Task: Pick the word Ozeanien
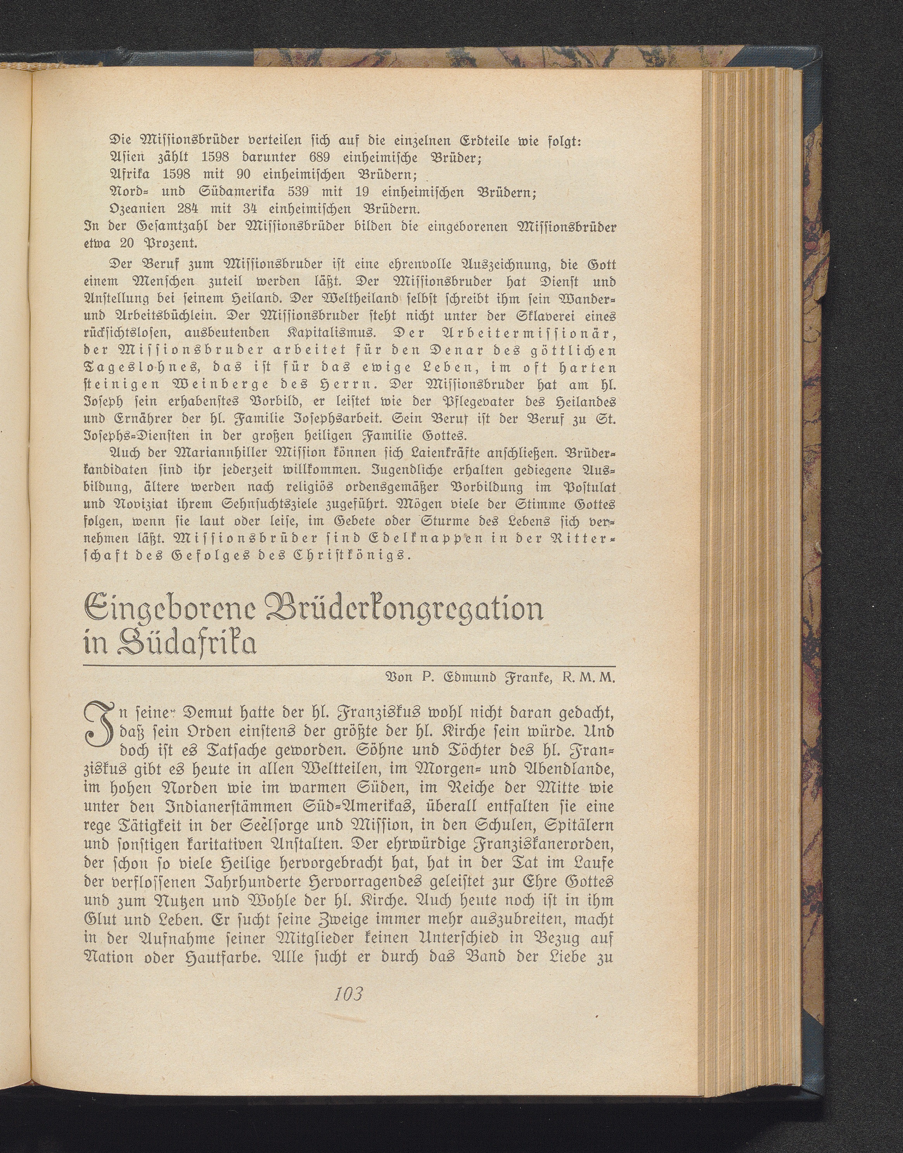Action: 137,208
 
